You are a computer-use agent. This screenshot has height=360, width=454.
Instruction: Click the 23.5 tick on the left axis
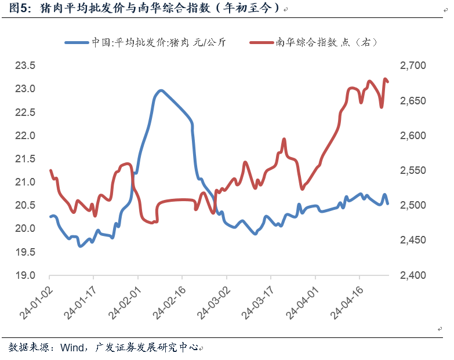click(24, 66)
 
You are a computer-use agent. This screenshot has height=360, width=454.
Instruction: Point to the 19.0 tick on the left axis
click(24, 275)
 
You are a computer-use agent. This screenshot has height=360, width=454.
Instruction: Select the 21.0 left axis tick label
click(24, 182)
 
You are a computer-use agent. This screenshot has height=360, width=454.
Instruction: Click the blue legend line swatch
click(76, 42)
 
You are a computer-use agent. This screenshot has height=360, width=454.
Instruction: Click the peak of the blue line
click(161, 90)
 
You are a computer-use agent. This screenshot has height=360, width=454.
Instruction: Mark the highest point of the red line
click(386, 79)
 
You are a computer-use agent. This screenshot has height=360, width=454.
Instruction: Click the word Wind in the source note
click(71, 347)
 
